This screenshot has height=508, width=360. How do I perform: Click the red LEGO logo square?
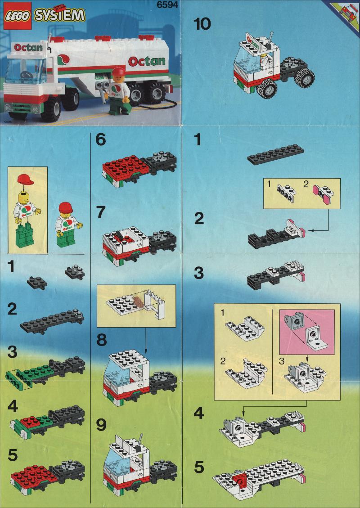pyautogui.click(x=18, y=16)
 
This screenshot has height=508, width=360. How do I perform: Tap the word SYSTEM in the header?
pyautogui.click(x=59, y=15)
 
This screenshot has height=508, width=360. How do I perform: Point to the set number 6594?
pyautogui.click(x=167, y=5)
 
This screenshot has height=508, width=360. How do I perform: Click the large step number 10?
pyautogui.click(x=202, y=24)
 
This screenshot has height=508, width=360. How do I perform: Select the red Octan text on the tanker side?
pyautogui.click(x=146, y=61)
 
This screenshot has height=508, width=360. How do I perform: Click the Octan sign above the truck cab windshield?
pyautogui.click(x=28, y=48)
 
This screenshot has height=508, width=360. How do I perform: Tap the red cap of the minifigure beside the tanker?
pyautogui.click(x=118, y=72)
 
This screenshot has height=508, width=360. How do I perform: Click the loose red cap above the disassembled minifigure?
pyautogui.click(x=26, y=179)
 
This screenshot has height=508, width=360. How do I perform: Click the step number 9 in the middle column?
pyautogui.click(x=101, y=425)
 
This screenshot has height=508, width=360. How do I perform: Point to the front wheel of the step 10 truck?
pyautogui.click(x=267, y=87)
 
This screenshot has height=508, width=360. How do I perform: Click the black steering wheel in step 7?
pyautogui.click(x=121, y=233)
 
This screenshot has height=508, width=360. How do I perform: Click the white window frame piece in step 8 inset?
pyautogui.click(x=155, y=304)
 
